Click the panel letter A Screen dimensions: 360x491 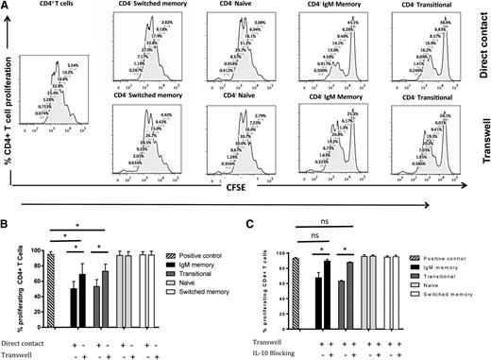pyautogui.click(x=7, y=7)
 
